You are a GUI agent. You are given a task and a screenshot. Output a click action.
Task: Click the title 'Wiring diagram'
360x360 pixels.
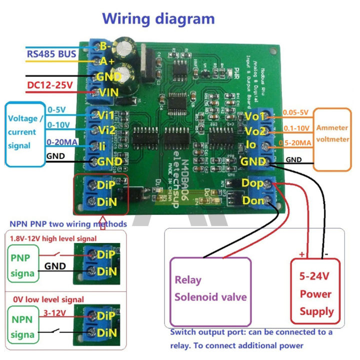(158, 19)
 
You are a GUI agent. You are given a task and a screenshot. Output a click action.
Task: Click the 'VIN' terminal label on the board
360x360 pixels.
(110, 92)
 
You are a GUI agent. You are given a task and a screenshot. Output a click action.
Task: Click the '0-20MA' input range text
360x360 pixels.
(62, 142)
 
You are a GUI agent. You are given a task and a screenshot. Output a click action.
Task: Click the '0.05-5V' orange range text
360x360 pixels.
(296, 112)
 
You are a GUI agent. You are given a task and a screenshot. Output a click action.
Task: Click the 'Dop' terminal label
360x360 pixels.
(252, 183)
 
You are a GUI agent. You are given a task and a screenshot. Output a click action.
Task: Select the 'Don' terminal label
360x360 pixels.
(252, 200)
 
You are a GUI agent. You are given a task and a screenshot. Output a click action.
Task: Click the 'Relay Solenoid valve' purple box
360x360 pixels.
(210, 288)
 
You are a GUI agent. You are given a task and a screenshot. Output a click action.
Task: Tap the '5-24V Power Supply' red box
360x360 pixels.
(316, 293)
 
